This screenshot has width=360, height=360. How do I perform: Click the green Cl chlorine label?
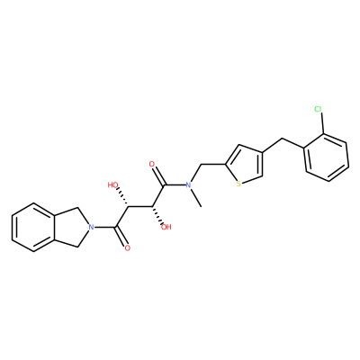[319, 109]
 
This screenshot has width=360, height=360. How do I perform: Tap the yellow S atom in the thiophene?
[238, 184]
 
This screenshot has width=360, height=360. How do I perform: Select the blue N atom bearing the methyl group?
[188, 185]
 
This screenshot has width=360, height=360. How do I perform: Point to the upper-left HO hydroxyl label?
[113, 185]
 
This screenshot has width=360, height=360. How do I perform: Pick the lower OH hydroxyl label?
[166, 227]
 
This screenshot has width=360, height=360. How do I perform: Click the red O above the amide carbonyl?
[152, 164]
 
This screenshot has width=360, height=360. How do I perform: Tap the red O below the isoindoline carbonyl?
[128, 248]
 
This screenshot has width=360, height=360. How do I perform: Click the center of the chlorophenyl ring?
[327, 157]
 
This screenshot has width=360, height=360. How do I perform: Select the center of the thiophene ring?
[245, 165]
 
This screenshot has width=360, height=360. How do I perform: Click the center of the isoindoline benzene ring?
[33, 227]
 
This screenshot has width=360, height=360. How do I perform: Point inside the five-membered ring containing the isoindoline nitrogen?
[71, 227]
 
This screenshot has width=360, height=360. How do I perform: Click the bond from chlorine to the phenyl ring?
[322, 123]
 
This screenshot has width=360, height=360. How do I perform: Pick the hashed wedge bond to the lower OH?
[157, 215]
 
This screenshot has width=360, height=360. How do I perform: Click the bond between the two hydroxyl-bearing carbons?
[139, 206]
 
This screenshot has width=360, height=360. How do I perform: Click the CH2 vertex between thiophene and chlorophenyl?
[282, 139]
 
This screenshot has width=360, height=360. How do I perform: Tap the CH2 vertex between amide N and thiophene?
[201, 165]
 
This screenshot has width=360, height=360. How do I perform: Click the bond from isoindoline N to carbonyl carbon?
[104, 227]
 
